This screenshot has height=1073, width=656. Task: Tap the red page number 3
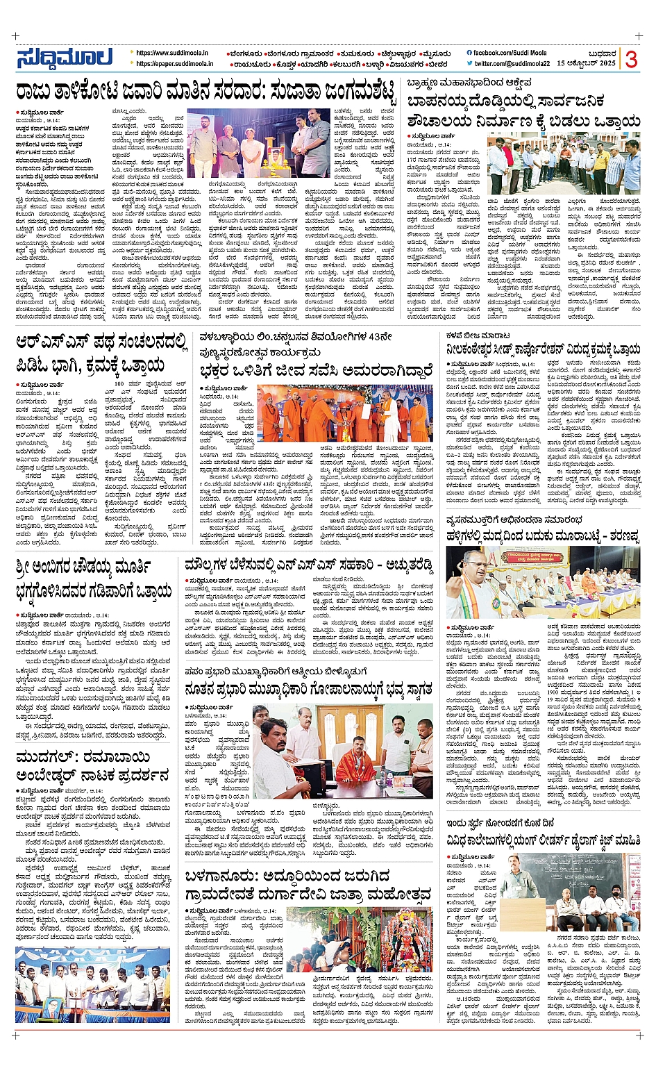coord(630,60)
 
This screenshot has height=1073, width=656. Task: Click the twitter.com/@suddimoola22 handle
coord(512,64)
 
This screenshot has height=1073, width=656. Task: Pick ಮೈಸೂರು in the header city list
coord(435,53)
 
